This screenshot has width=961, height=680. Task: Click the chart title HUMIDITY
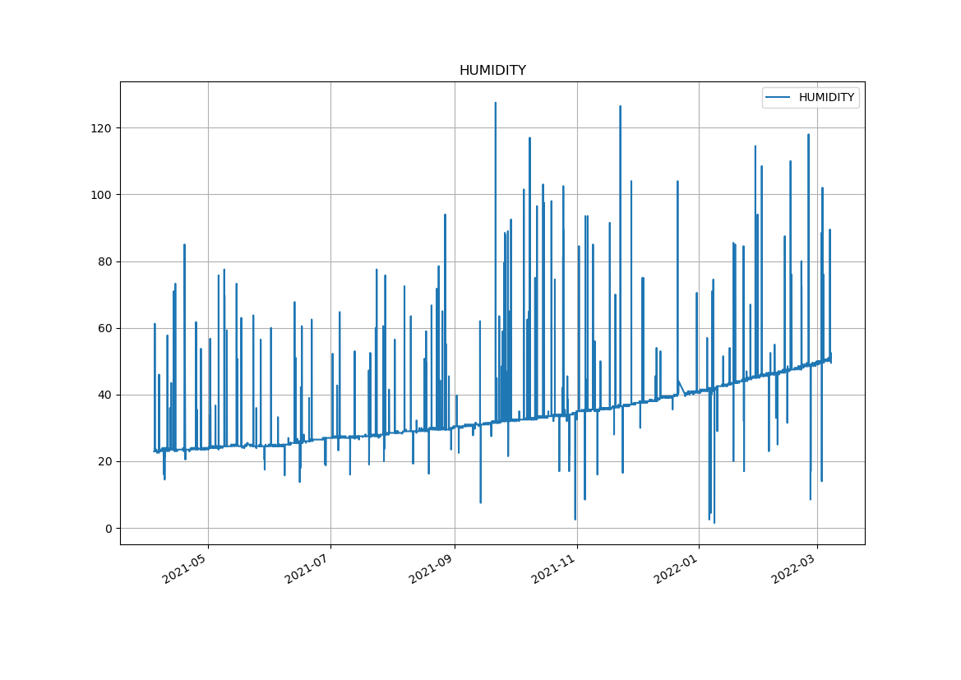coord(492,71)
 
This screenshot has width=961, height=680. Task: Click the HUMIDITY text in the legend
coord(826,98)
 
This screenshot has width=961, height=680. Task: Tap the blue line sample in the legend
coord(778,98)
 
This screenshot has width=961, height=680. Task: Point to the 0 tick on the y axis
coord(108,529)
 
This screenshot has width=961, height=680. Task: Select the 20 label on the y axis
coord(104,462)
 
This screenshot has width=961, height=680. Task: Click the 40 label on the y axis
coord(104,396)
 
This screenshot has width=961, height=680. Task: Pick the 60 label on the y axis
coord(104,329)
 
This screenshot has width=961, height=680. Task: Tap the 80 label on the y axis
coord(104,262)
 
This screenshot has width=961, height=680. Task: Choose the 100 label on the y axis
coord(102,195)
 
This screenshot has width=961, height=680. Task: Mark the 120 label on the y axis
coord(102,128)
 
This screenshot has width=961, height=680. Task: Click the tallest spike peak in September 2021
coord(495,103)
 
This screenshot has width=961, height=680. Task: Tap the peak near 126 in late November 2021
coord(620,106)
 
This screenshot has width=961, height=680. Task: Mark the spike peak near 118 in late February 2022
coord(808,135)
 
